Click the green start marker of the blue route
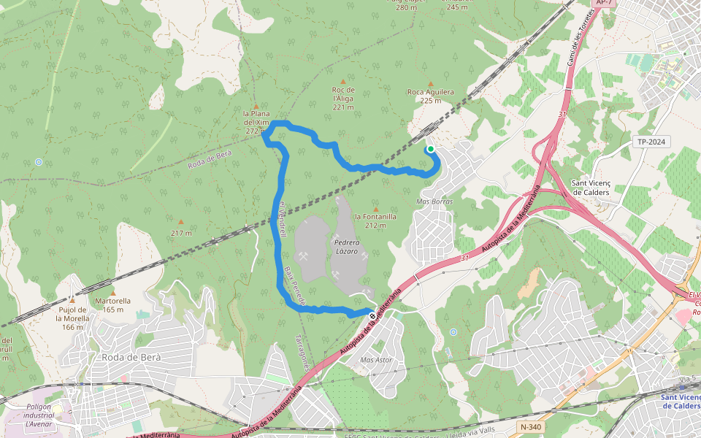pyautogui.click(x=431, y=149)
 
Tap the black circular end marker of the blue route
pyautogui.click(x=372, y=316)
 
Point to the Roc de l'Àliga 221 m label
pyautogui.click(x=343, y=98)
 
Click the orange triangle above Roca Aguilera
pyautogui.click(x=431, y=83)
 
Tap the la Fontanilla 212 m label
pyautogui.click(x=375, y=220)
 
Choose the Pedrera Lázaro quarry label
pyautogui.click(x=345, y=246)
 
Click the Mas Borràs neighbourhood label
pyautogui.click(x=434, y=201)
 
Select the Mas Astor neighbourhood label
pyautogui.click(x=377, y=361)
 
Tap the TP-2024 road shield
pyautogui.click(x=653, y=142)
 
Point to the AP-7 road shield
pyautogui.click(x=603, y=3)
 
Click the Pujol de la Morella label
pyautogui.click(x=72, y=314)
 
